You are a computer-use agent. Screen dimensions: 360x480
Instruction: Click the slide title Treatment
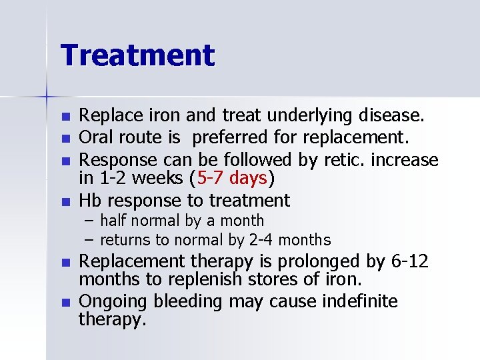pos(138,55)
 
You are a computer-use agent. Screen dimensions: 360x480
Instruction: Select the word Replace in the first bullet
pos(106,116)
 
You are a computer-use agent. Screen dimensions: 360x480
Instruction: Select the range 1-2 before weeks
pos(113,179)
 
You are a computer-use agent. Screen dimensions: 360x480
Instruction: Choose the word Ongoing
pos(113,302)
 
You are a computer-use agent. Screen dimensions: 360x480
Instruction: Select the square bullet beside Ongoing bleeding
pos(65,303)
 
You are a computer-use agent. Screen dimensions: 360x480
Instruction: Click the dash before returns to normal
pos(89,239)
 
